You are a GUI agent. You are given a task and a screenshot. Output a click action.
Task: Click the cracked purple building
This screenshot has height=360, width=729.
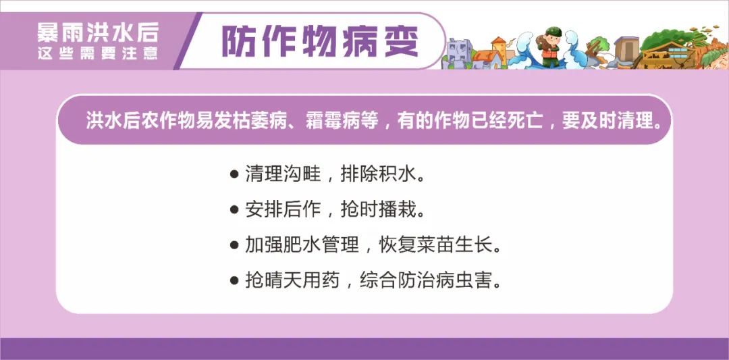click(458, 51)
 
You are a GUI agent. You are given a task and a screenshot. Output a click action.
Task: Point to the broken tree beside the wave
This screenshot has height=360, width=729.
click(597, 49)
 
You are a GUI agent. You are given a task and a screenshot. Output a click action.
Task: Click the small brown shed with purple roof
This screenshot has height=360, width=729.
click(626, 49)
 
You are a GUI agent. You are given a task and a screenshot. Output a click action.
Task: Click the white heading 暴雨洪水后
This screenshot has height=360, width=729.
click(98, 32)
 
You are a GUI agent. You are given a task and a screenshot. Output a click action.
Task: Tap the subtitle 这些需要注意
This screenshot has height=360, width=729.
click(98, 54)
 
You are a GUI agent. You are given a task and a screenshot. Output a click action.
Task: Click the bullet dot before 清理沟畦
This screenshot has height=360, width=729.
click(234, 175)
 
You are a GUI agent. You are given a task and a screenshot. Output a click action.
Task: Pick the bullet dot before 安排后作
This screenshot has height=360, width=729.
click(234, 210)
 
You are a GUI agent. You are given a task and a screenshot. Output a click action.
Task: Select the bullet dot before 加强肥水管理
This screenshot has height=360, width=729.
click(234, 245)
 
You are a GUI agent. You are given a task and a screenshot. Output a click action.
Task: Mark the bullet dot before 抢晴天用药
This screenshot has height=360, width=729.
click(234, 280)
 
